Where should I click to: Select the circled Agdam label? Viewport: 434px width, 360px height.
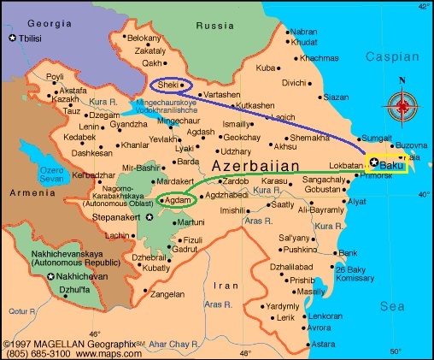(x=175, y=200)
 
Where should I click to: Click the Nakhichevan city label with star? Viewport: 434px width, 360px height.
(x=84, y=277)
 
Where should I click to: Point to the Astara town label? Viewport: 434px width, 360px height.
(x=323, y=344)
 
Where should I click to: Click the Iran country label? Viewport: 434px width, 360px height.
(x=226, y=286)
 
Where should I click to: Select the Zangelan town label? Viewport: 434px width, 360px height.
(x=167, y=292)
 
